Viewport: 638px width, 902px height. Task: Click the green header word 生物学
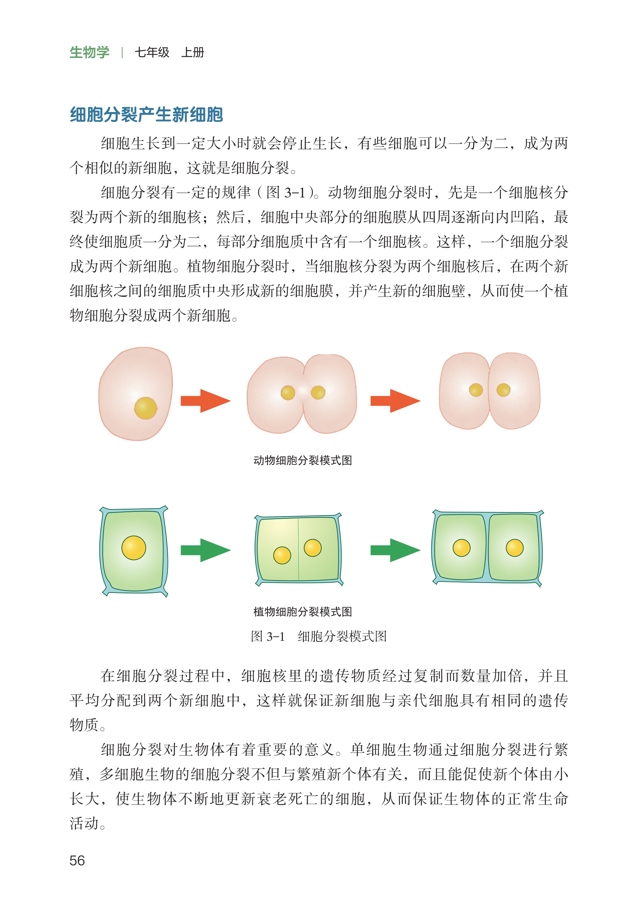(89, 52)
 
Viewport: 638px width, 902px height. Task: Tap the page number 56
(77, 861)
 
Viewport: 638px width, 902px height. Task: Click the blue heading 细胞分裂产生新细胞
(146, 115)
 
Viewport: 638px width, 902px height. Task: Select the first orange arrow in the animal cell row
(205, 401)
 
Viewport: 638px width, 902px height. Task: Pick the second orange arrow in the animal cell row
(395, 401)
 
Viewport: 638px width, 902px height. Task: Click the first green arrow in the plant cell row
(205, 550)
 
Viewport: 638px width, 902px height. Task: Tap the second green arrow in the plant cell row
(395, 550)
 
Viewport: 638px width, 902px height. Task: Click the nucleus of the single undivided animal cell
(145, 408)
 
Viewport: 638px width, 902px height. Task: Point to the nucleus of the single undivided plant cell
(134, 547)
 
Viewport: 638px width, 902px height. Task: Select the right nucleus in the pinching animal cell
(318, 392)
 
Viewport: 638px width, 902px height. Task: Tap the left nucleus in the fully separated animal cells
(476, 390)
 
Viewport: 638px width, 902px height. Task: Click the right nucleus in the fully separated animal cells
(503, 390)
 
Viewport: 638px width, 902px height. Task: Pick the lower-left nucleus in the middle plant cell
(282, 555)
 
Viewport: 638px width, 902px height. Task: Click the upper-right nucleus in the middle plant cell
(313, 547)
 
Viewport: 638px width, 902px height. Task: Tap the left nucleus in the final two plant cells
(462, 547)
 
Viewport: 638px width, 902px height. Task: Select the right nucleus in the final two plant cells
(515, 547)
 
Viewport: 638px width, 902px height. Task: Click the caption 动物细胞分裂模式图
(303, 460)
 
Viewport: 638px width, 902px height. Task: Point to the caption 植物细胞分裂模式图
(303, 612)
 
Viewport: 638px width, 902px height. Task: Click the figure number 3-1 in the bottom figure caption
(276, 636)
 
